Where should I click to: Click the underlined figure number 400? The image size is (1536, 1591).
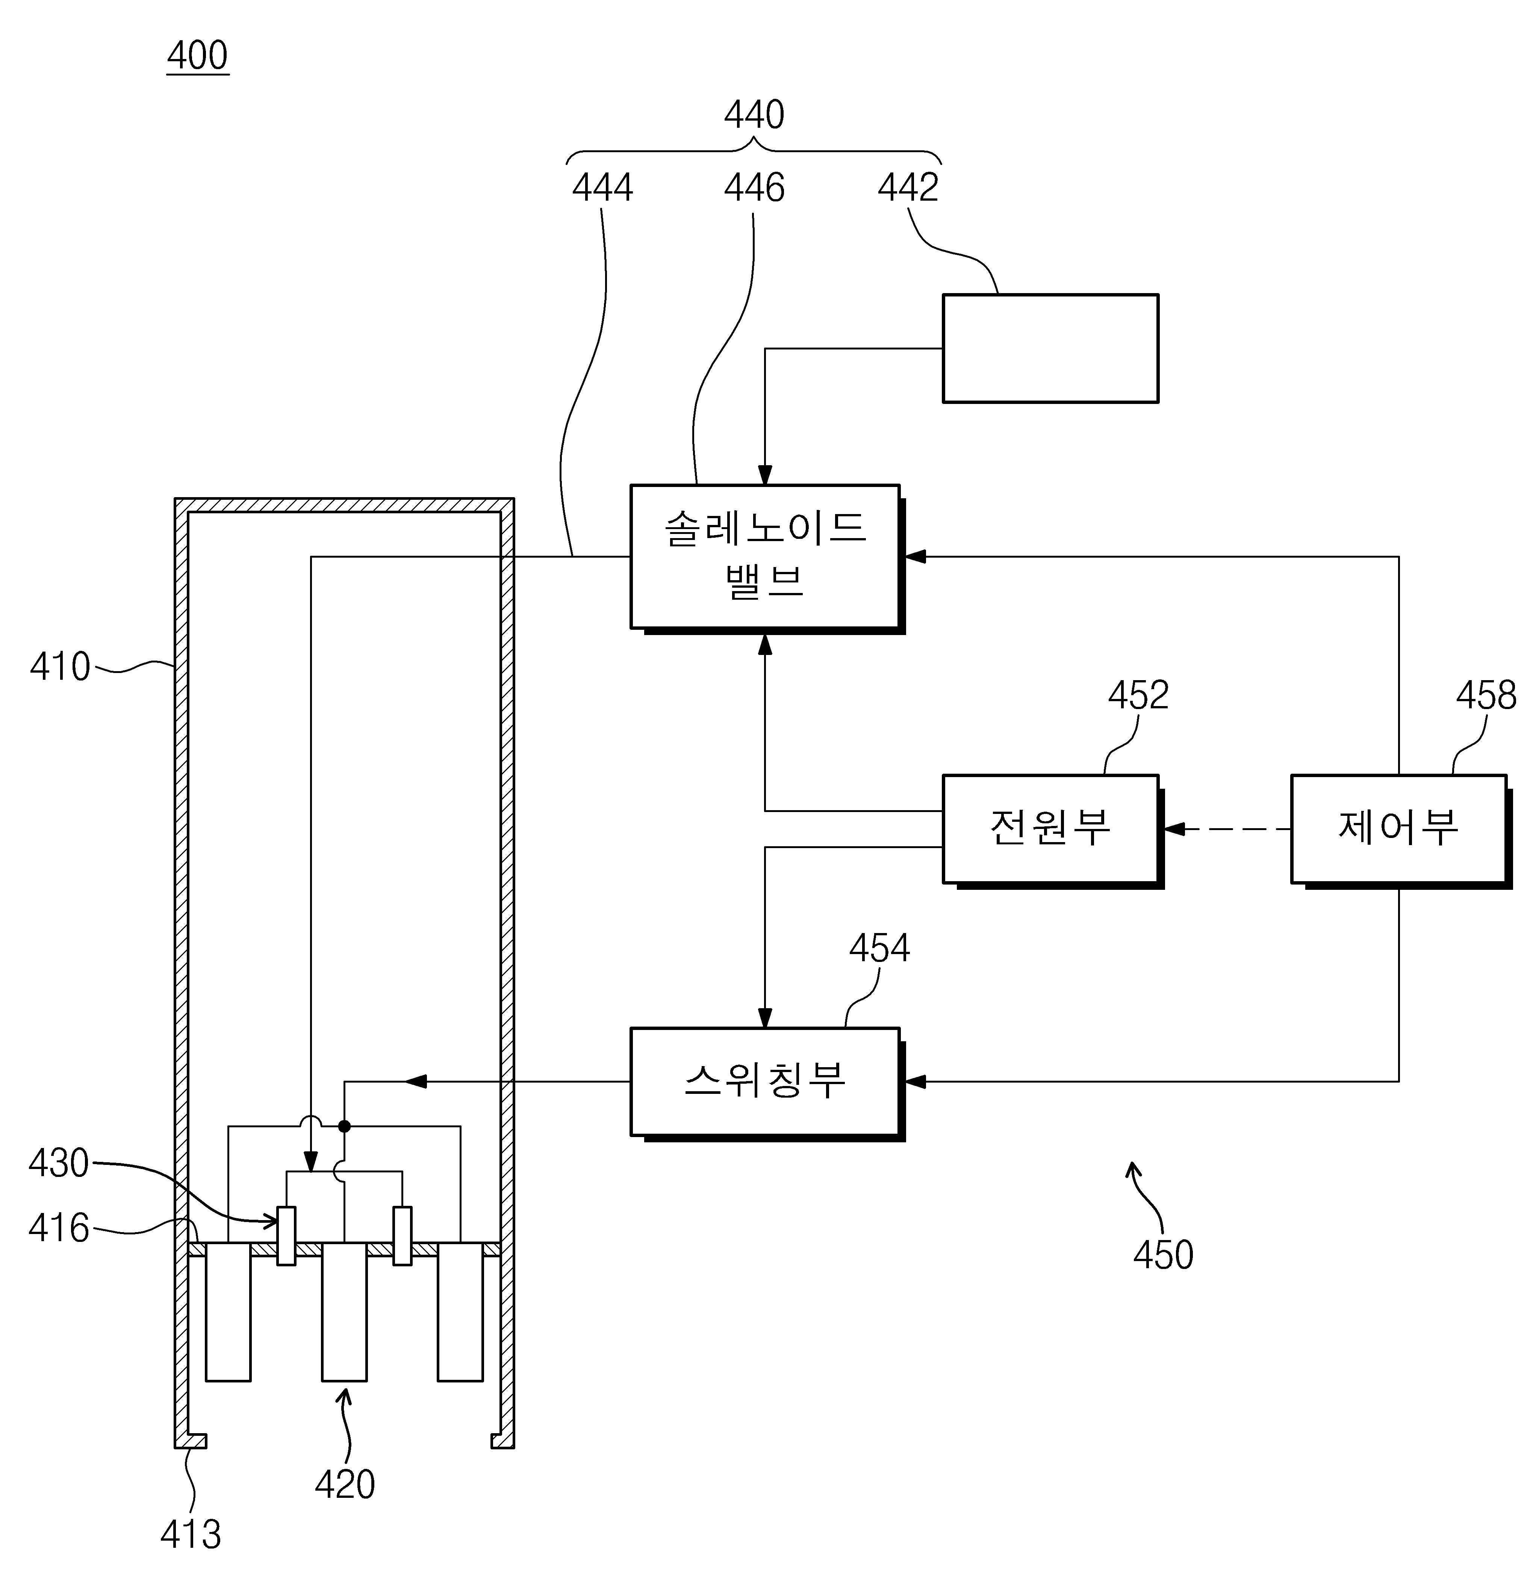click(198, 55)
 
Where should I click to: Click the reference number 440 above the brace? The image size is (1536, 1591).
click(754, 115)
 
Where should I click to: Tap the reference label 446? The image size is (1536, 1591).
click(754, 188)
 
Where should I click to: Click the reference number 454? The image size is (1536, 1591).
click(879, 947)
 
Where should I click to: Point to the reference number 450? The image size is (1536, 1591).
click(1162, 1254)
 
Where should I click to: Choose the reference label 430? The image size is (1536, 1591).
click(59, 1162)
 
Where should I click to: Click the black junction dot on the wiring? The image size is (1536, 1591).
click(344, 1126)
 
